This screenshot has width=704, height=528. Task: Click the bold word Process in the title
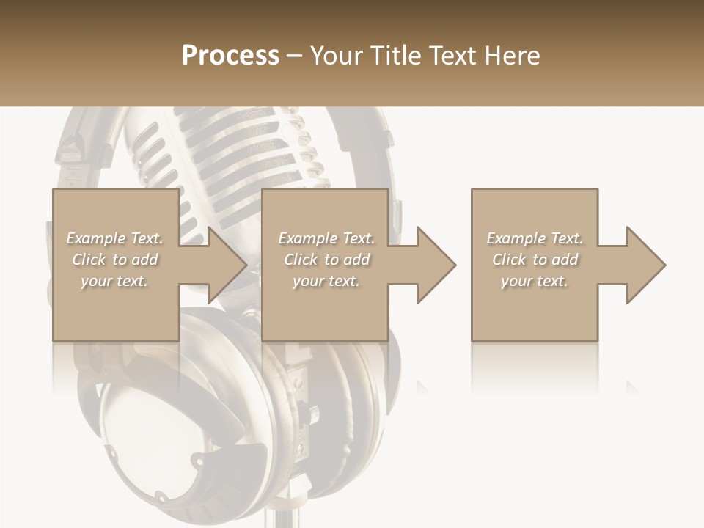click(230, 55)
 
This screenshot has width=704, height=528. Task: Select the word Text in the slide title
click(454, 55)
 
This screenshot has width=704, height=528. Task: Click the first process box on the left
click(115, 308)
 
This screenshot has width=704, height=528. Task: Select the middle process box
click(325, 308)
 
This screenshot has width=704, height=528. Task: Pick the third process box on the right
click(534, 308)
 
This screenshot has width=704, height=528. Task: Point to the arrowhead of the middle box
click(436, 265)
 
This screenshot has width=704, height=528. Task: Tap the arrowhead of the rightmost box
click(645, 265)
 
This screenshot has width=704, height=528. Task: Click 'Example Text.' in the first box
click(114, 238)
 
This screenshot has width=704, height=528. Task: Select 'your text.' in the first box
click(114, 281)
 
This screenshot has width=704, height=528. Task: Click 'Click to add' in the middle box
click(326, 260)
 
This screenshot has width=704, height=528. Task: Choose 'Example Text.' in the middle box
click(326, 238)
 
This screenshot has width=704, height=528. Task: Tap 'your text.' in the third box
click(535, 281)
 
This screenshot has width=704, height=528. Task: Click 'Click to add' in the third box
click(535, 260)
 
